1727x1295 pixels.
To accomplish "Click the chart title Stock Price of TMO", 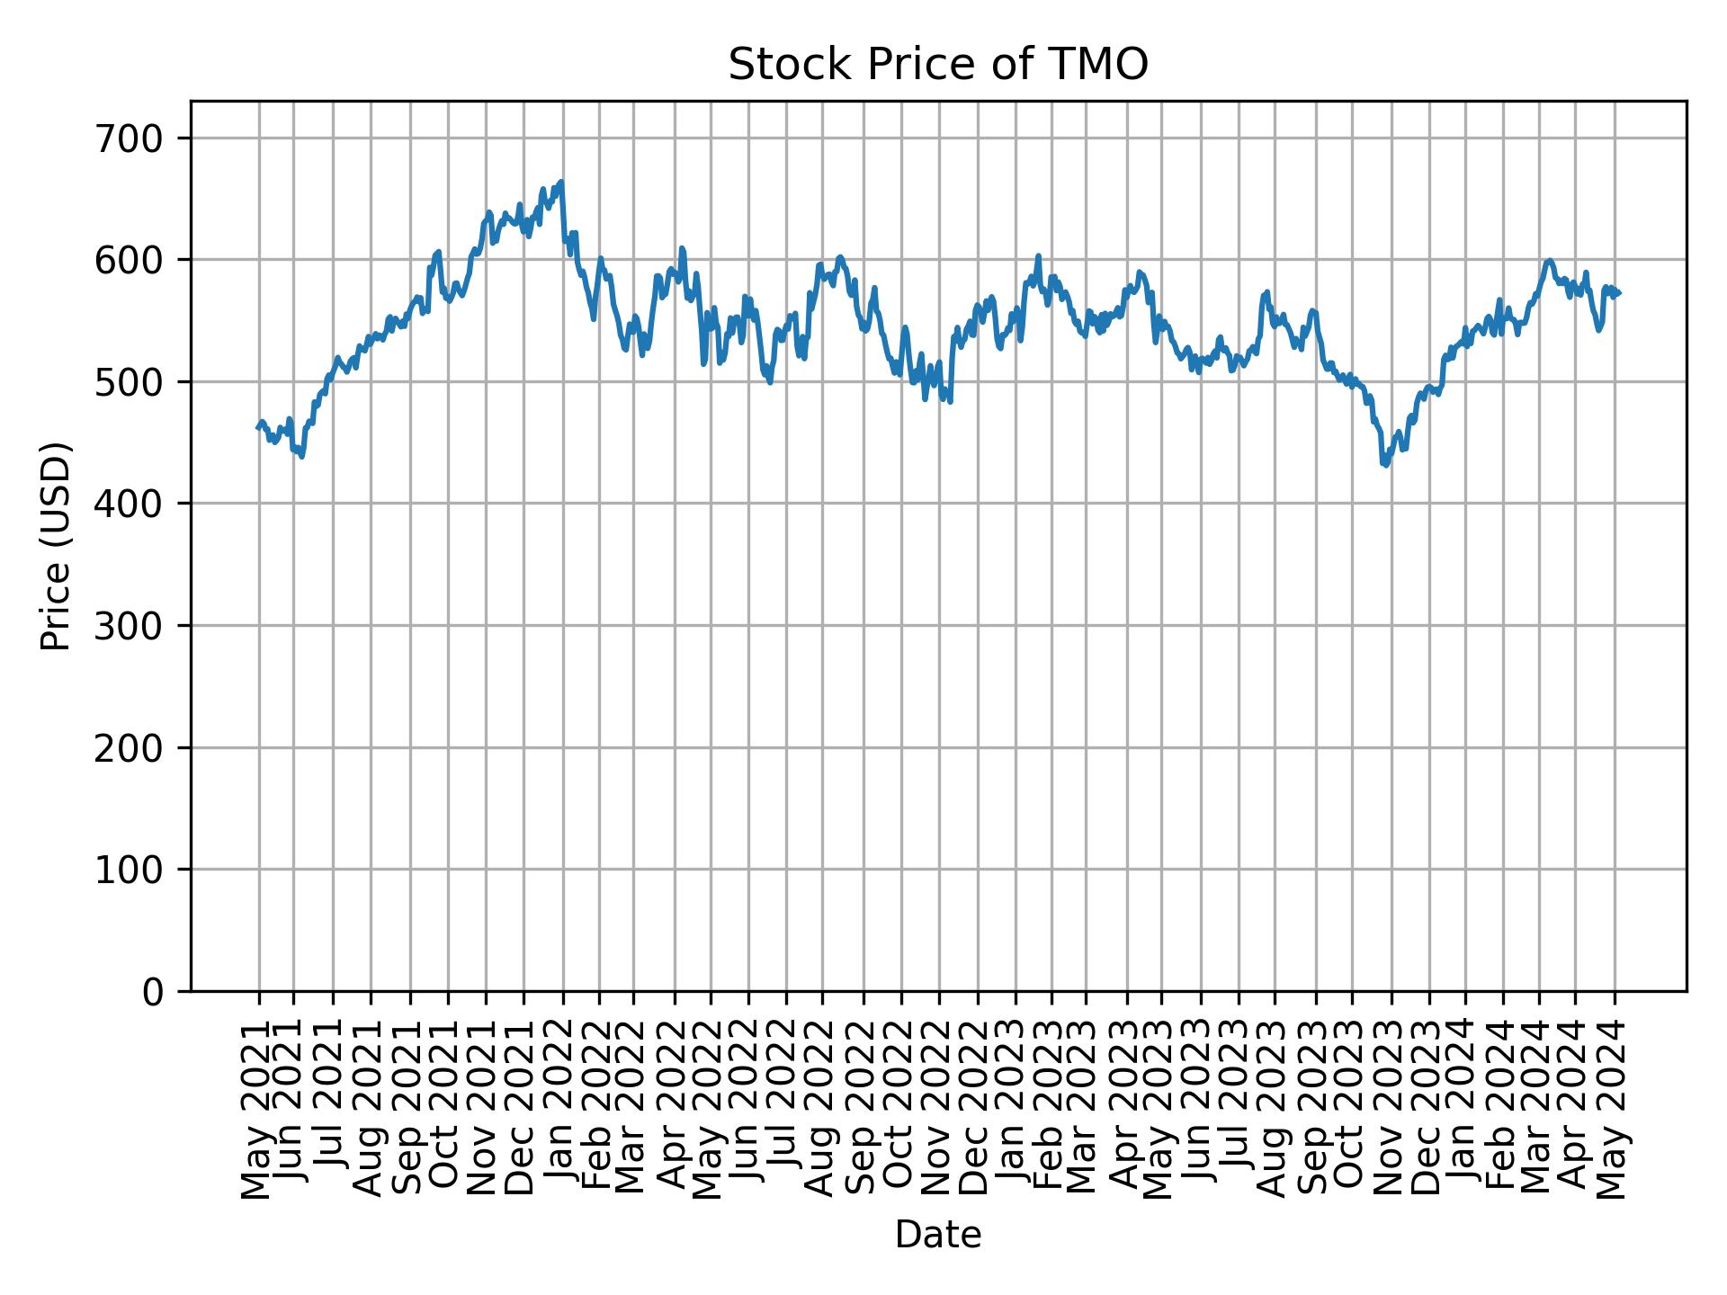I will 937,65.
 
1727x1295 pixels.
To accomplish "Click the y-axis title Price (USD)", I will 56,546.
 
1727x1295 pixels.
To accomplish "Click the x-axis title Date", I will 937,1235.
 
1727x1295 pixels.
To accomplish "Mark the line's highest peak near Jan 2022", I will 561,182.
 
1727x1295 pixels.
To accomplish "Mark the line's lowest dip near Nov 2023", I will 1385,465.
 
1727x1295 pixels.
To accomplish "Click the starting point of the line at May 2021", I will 258,427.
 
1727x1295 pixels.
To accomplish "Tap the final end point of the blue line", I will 1619,293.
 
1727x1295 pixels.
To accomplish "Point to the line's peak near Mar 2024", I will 1549,261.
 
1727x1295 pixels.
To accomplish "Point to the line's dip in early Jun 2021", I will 301,456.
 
